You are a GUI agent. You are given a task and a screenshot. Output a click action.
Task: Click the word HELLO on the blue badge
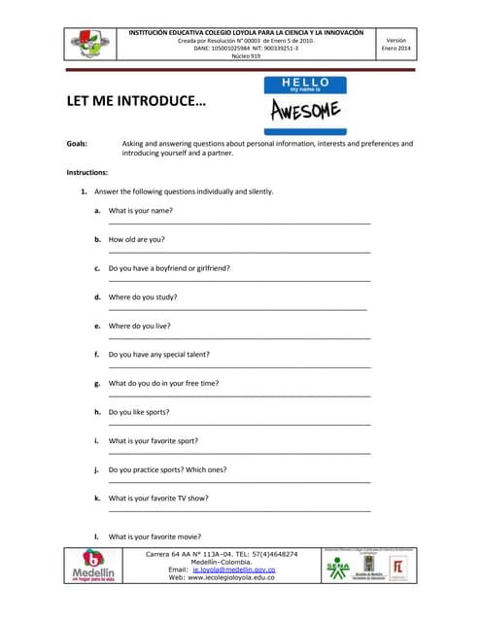[x=304, y=83]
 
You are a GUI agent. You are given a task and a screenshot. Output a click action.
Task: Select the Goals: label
[x=77, y=144]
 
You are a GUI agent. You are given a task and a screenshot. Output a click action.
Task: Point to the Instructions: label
[x=86, y=172]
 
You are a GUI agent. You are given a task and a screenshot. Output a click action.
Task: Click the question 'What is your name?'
[x=140, y=210]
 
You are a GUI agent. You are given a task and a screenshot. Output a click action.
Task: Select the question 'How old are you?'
[x=136, y=239]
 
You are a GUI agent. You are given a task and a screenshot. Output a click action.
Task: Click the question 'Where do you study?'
[x=142, y=296]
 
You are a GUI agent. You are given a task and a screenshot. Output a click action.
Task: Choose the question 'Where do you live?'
[x=139, y=326]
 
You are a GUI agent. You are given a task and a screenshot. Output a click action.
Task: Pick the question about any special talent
[x=158, y=354]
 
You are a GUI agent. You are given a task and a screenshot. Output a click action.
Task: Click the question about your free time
[x=163, y=383]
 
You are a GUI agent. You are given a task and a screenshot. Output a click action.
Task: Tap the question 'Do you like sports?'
[x=139, y=412]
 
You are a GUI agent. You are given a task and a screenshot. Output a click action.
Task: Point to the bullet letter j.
[x=97, y=469]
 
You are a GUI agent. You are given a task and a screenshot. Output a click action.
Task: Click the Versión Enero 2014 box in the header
[x=396, y=44]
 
